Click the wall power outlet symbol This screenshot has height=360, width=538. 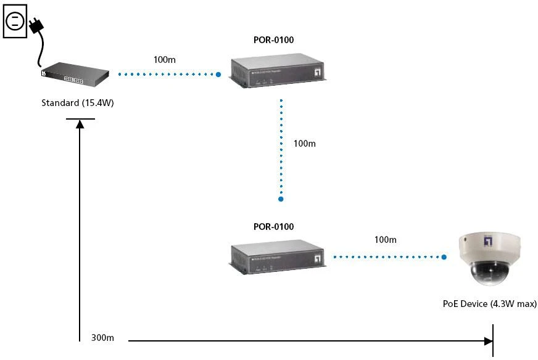[15, 21]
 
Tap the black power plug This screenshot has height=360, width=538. [36, 25]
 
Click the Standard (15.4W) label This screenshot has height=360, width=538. [78, 103]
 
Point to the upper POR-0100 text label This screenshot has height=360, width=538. [273, 40]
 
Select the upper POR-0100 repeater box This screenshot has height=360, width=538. [277, 71]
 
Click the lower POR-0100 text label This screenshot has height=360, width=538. [273, 227]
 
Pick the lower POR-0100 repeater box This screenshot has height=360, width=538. [277, 257]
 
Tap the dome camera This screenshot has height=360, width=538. [490, 258]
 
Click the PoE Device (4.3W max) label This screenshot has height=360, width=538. [490, 304]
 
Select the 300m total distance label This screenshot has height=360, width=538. [102, 338]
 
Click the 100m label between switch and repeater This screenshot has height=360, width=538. [164, 60]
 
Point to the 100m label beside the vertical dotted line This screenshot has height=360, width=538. [304, 144]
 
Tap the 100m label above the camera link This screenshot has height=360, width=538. [386, 240]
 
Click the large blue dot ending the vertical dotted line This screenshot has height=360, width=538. [281, 199]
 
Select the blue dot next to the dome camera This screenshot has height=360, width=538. [444, 257]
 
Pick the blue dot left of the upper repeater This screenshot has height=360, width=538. [218, 75]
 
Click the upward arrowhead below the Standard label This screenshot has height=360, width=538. [80, 124]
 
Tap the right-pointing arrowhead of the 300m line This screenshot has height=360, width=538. [489, 341]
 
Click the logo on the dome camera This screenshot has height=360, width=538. [488, 240]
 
